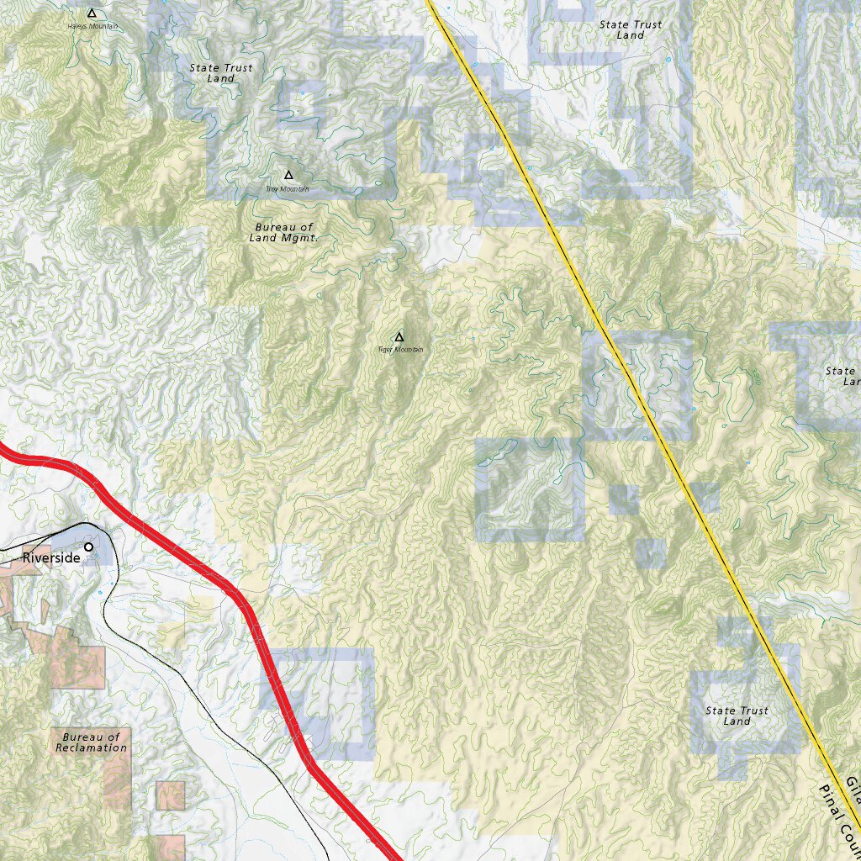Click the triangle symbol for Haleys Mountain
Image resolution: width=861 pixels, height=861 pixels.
point(92,13)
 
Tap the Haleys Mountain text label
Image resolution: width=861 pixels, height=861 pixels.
point(92,27)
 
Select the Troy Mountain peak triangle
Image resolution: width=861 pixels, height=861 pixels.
point(288,175)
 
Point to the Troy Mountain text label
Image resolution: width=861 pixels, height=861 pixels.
point(288,189)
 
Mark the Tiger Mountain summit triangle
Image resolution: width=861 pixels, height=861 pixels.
point(399,337)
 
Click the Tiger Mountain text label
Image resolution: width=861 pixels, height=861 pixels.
point(400,350)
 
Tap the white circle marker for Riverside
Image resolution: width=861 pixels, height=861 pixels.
point(89,547)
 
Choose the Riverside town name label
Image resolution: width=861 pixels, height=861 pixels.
point(51,557)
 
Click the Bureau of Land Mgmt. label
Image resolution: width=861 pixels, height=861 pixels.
point(283,232)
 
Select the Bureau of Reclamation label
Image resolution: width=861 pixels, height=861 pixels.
point(92,742)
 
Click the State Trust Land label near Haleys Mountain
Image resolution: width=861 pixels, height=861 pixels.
point(220,73)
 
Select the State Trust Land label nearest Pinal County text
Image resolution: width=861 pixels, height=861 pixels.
point(737,716)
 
